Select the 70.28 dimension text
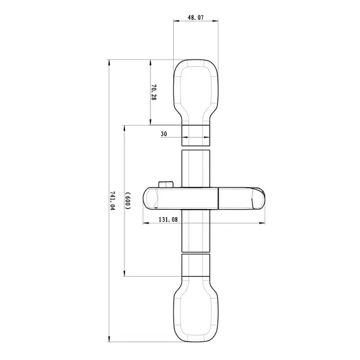pyautogui.click(x=153, y=92)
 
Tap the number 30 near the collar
pyautogui.click(x=164, y=134)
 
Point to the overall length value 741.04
pyautogui.click(x=113, y=200)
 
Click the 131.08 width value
pyautogui.click(x=167, y=220)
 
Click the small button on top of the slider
pyautogui.click(x=167, y=184)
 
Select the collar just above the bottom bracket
pyautogui.click(x=195, y=265)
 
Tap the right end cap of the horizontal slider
pyautogui.click(x=258, y=198)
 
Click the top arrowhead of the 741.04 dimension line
pyautogui.click(x=110, y=62)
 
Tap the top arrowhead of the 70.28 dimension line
pyautogui.click(x=150, y=62)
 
